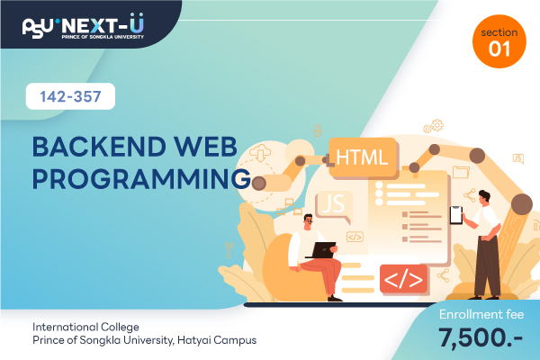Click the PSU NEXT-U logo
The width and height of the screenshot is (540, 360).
(83, 26)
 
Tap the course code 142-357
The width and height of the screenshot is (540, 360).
(70, 96)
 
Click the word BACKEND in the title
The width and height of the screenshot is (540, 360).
(100, 147)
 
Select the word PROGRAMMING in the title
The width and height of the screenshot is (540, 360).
(141, 179)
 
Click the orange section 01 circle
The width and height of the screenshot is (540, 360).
(499, 41)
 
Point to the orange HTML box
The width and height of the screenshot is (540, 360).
(363, 157)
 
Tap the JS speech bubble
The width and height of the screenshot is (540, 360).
(334, 205)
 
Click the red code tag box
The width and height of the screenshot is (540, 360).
(403, 279)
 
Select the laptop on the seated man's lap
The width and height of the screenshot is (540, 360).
(321, 250)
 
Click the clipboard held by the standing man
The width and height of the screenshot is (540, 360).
(456, 215)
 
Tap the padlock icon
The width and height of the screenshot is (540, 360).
(317, 130)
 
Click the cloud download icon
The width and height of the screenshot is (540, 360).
(260, 153)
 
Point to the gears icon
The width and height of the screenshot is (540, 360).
(434, 126)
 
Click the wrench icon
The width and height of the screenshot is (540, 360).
(229, 250)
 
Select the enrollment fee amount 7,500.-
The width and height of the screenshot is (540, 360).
(481, 337)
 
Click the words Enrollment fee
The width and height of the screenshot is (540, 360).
(481, 314)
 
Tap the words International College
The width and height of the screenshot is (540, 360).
(85, 327)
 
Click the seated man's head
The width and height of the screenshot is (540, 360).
(308, 221)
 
